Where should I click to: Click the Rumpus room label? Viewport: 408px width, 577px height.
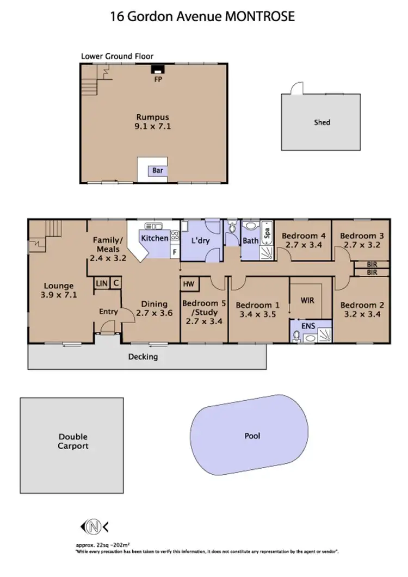pyautogui.click(x=153, y=117)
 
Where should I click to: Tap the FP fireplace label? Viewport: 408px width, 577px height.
pyautogui.click(x=158, y=79)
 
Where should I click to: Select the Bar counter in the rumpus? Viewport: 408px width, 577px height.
pyautogui.click(x=157, y=171)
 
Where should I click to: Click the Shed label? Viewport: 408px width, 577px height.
pyautogui.click(x=322, y=122)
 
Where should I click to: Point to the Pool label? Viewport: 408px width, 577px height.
pyautogui.click(x=252, y=436)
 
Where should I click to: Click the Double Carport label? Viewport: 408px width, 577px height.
pyautogui.click(x=73, y=442)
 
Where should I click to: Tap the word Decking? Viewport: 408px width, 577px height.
pyautogui.click(x=143, y=357)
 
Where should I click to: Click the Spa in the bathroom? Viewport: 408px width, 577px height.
pyautogui.click(x=267, y=233)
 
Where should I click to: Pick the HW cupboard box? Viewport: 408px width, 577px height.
pyautogui.click(x=189, y=284)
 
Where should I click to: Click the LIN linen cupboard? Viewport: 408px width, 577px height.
pyautogui.click(x=101, y=283)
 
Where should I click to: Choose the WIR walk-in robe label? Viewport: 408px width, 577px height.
pyautogui.click(x=308, y=300)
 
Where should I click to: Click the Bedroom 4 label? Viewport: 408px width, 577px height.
pyautogui.click(x=304, y=236)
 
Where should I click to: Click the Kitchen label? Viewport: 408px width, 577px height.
pyautogui.click(x=154, y=238)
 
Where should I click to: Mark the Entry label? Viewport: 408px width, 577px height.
pyautogui.click(x=108, y=311)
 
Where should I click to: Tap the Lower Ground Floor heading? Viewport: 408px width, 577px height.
pyautogui.click(x=117, y=56)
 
